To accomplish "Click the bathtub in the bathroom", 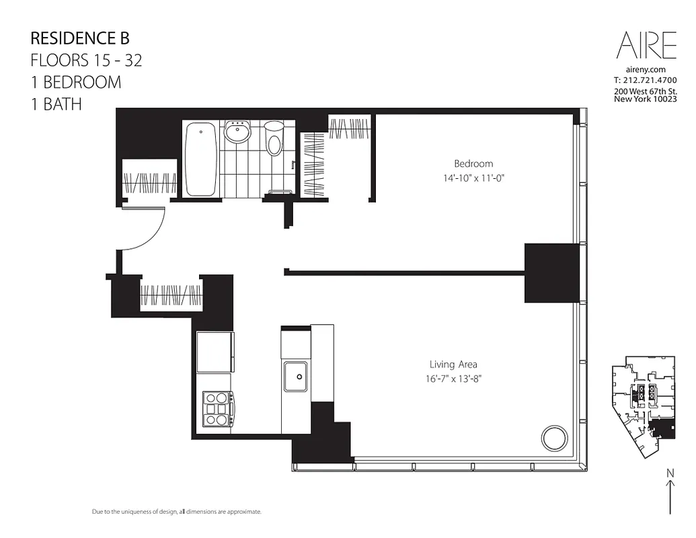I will (x=200, y=159).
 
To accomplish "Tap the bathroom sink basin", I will (x=237, y=133).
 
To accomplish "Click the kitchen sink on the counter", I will (x=295, y=376).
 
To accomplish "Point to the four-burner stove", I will (x=217, y=408).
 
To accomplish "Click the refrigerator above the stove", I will (x=215, y=352).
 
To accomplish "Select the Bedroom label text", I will (x=473, y=163).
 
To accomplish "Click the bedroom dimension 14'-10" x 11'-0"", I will (x=473, y=178).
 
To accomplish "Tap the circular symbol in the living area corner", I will (x=555, y=438).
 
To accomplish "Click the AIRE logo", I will (x=646, y=46).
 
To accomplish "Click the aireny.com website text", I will (x=646, y=69).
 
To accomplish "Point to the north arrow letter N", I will (x=670, y=473).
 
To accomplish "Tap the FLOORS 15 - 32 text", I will (x=86, y=60).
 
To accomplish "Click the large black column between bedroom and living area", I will (x=551, y=273).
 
